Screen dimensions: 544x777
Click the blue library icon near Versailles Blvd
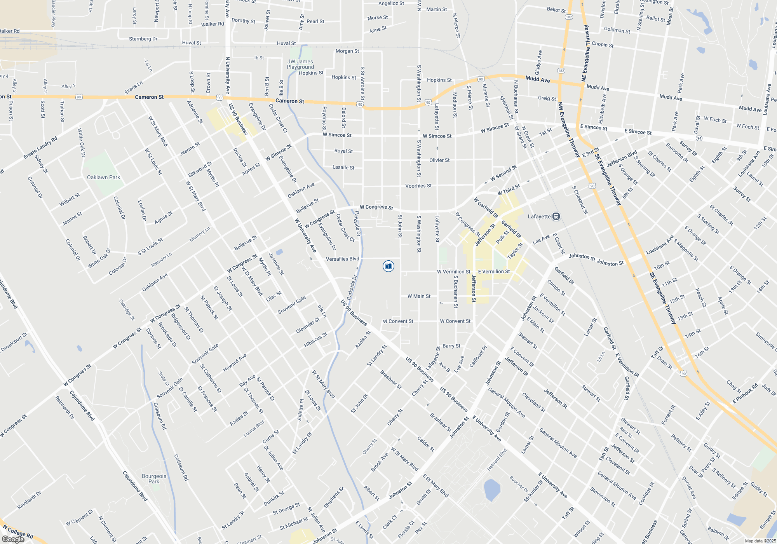pos(388,266)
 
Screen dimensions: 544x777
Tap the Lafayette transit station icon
pos(556,216)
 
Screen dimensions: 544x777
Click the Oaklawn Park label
pos(103,177)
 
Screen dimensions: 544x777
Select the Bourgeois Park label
pos(154,479)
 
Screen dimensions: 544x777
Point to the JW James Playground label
pos(300,64)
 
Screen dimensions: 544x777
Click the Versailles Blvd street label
pos(342,259)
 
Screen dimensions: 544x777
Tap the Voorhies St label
pos(418,186)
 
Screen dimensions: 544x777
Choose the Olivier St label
pos(439,160)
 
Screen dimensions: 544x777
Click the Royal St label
pos(343,151)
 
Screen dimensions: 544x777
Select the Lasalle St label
pos(343,167)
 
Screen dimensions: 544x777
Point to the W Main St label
pos(419,296)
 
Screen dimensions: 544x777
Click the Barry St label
pos(451,346)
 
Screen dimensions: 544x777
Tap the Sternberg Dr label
pos(143,39)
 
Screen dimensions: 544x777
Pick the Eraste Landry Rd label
pos(40,148)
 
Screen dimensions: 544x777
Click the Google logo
pos(13,539)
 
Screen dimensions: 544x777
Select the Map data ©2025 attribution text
pos(760,541)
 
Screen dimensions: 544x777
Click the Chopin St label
pos(603,45)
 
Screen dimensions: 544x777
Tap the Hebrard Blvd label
pos(497,460)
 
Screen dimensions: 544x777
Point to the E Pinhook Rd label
pos(745,393)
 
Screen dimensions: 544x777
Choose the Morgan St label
pos(347,51)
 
